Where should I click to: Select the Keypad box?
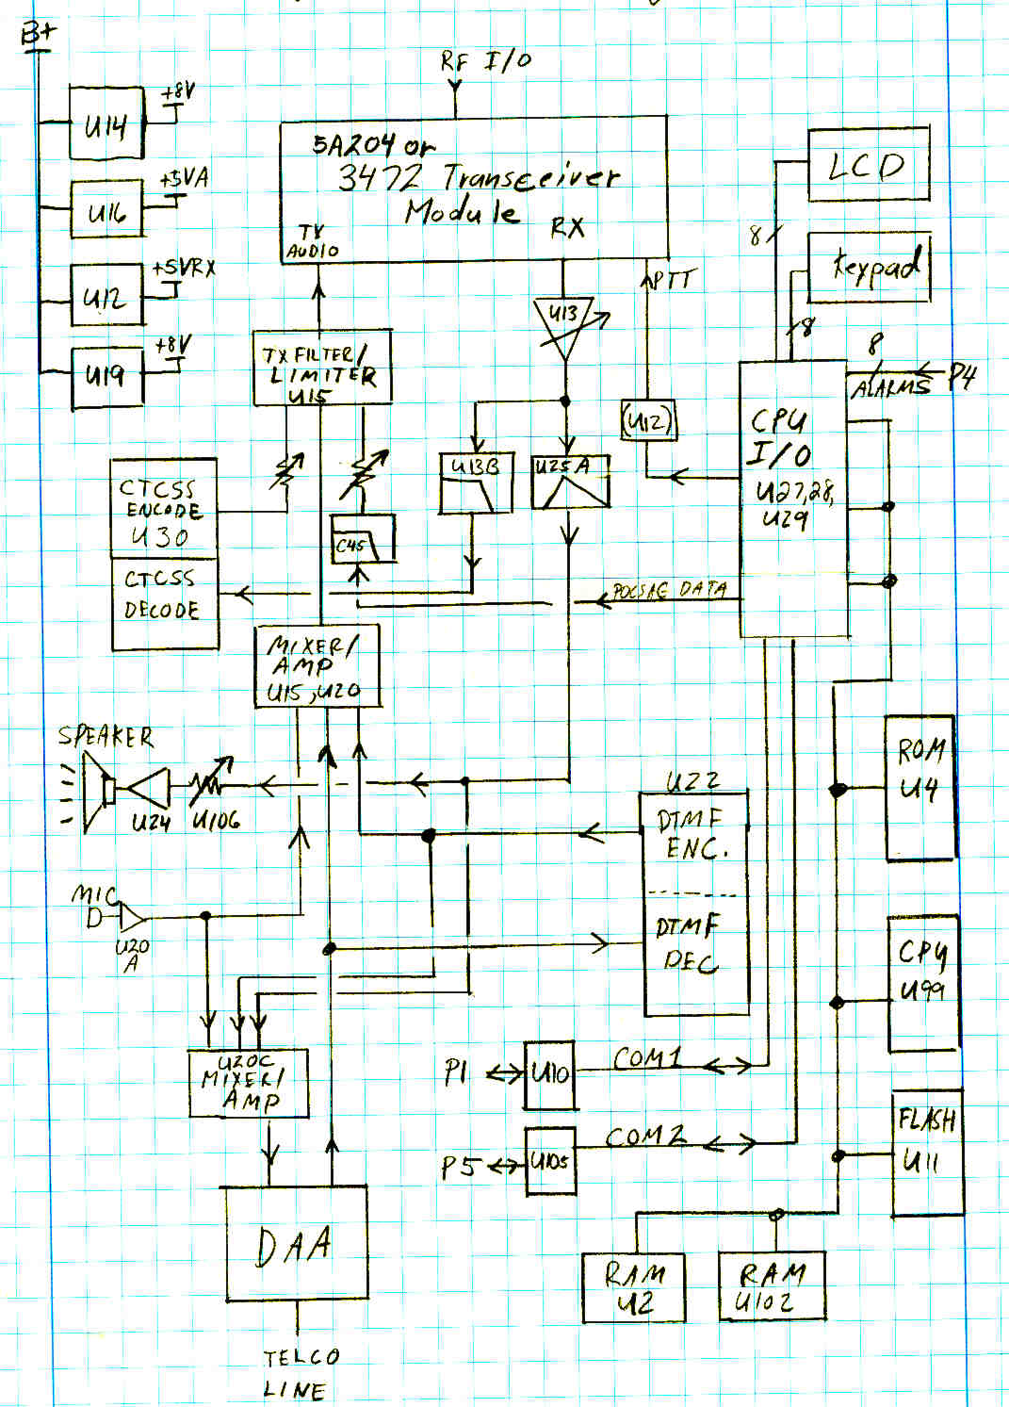coord(870,268)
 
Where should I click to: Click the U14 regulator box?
coord(106,123)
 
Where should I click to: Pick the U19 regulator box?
coord(107,376)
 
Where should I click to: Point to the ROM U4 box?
coord(919,787)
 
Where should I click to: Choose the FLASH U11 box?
coord(927,1153)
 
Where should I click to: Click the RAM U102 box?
coord(772,1286)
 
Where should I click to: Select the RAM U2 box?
coord(633,1287)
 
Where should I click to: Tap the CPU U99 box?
coord(923,982)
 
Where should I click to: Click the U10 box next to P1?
coord(550,1074)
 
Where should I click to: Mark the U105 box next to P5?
coord(549,1161)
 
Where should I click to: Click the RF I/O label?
coord(485,62)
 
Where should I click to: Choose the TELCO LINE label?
coord(299,1373)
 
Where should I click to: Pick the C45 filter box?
coord(363,540)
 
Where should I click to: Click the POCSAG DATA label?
coord(670,591)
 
